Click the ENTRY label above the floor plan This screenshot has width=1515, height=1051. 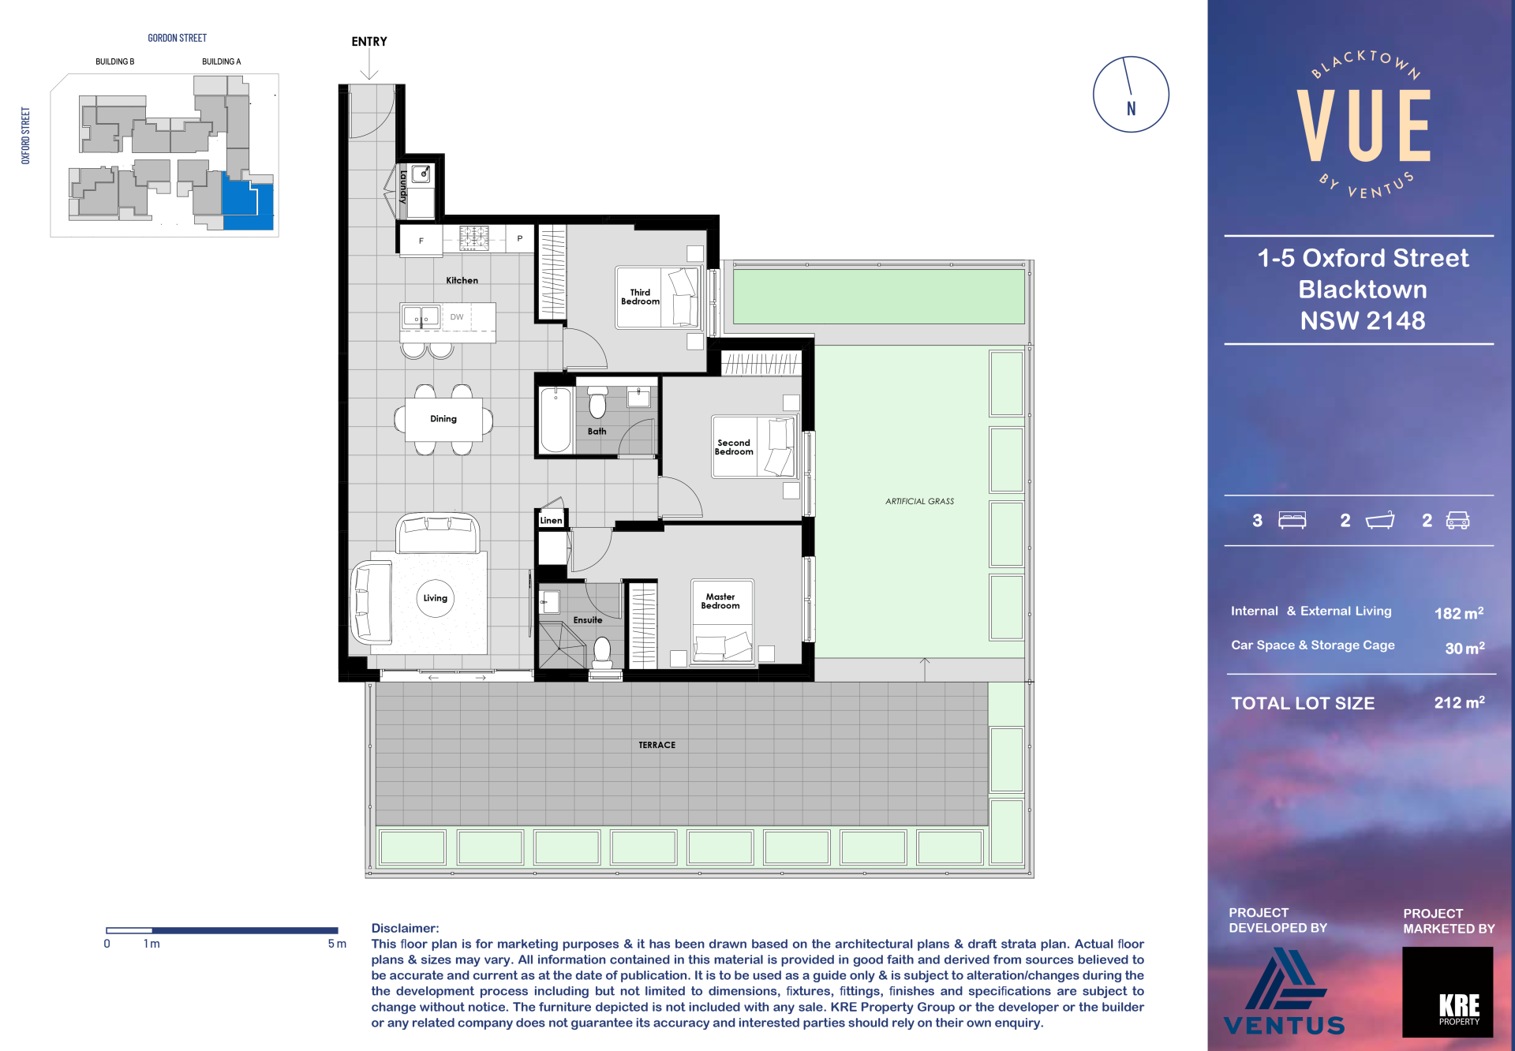tap(369, 42)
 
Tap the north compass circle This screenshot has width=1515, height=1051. tap(1131, 57)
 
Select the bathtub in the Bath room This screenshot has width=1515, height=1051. tap(555, 420)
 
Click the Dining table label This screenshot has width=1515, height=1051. tap(443, 419)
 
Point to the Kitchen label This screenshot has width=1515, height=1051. tap(462, 281)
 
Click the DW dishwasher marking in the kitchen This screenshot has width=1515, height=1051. tap(457, 317)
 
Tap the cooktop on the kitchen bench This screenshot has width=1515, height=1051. tap(474, 238)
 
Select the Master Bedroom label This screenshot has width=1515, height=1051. tap(720, 601)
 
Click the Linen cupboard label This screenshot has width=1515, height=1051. tap(551, 521)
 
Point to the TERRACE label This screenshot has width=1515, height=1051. tap(657, 745)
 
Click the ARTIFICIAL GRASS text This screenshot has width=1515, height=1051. tap(919, 502)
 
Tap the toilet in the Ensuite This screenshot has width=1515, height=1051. tap(603, 654)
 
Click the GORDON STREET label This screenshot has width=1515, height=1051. tap(178, 38)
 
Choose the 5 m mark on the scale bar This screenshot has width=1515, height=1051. tap(337, 944)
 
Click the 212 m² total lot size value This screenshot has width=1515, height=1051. tap(1459, 702)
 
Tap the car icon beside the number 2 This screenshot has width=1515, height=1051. tap(1457, 520)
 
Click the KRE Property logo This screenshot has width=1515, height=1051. tap(1448, 992)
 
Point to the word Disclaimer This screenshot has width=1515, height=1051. tap(405, 929)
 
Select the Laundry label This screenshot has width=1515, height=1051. tap(403, 186)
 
